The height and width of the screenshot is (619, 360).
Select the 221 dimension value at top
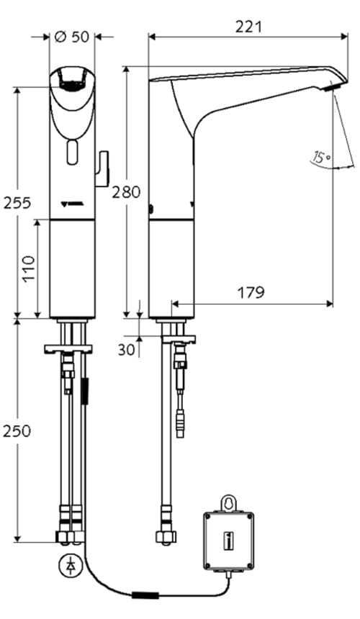(x=248, y=27)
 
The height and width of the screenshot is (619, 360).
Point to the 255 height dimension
(x=16, y=203)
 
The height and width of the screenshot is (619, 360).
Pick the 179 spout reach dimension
(x=250, y=292)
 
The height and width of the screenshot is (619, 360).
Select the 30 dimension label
(x=127, y=350)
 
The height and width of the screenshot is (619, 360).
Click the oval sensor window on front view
(x=72, y=152)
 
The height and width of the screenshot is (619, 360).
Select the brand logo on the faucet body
(x=72, y=204)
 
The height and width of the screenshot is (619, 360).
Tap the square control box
(x=228, y=538)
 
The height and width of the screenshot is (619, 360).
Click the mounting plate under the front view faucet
(x=69, y=348)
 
